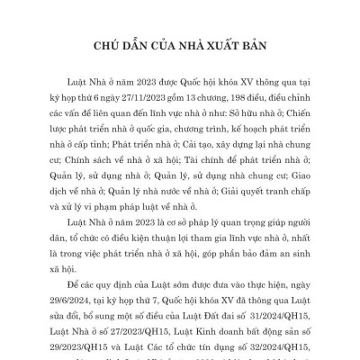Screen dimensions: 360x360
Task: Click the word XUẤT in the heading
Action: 217,44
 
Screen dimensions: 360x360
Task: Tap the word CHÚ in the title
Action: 109,44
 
